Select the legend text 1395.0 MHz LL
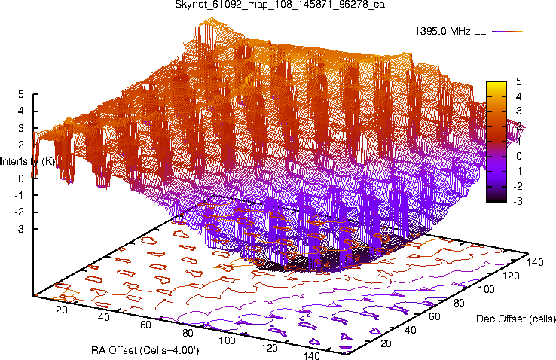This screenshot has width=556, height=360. pyautogui.click(x=450, y=32)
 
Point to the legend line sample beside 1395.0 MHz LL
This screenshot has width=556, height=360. pyautogui.click(x=509, y=32)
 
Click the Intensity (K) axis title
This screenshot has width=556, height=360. pyautogui.click(x=28, y=161)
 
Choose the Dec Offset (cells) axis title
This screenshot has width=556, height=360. pyautogui.click(x=516, y=319)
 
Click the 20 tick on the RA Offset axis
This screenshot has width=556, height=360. pyautogui.click(x=63, y=310)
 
